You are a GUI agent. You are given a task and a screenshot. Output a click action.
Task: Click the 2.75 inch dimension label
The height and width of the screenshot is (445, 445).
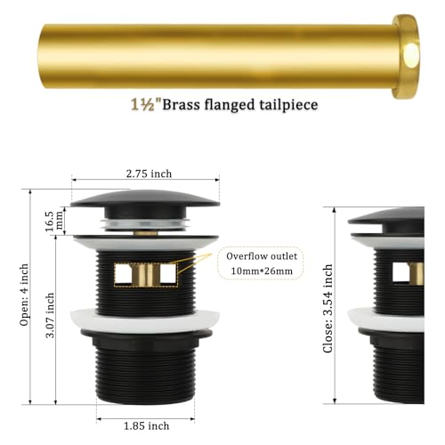click(x=149, y=174)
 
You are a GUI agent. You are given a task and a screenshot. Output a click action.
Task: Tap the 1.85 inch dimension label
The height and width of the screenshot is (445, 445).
click(x=146, y=426)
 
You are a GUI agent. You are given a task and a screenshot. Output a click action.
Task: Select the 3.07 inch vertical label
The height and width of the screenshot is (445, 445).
click(x=50, y=315)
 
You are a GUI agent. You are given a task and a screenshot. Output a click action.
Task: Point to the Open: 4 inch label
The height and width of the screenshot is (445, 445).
click(x=24, y=295)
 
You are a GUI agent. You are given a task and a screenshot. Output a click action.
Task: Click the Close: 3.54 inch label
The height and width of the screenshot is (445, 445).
click(x=328, y=309)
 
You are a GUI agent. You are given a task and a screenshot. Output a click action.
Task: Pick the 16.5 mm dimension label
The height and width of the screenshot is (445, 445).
click(x=54, y=222)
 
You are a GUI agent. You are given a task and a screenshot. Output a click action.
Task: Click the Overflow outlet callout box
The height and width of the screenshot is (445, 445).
click(x=261, y=263)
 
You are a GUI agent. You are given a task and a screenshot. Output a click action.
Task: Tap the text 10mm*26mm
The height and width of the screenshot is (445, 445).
click(x=262, y=271)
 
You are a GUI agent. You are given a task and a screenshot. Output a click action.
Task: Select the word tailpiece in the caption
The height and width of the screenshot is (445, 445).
click(x=288, y=105)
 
